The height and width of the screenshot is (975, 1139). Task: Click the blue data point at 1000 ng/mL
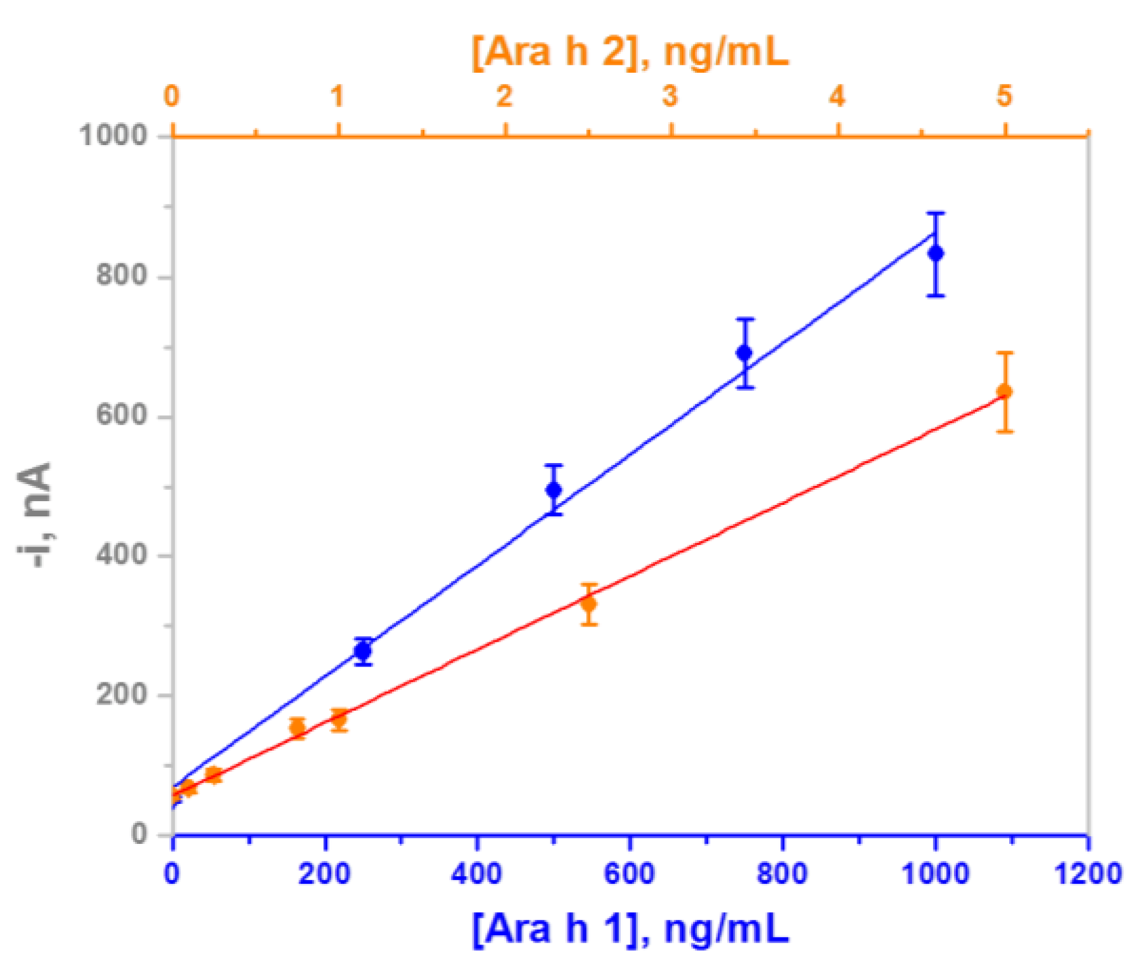click(x=935, y=253)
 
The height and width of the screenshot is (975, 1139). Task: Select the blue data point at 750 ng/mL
click(x=744, y=353)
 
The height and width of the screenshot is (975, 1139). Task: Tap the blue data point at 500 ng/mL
click(x=554, y=490)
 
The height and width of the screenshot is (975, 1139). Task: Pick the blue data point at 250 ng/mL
click(x=362, y=651)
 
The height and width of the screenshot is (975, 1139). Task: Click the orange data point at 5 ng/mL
click(x=1004, y=392)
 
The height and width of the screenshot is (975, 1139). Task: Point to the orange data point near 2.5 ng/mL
click(x=589, y=604)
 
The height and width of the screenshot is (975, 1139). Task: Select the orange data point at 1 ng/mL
click(x=339, y=719)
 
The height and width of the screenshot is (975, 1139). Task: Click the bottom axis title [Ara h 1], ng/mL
click(x=630, y=929)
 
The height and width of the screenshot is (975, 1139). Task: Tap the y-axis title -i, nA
click(x=35, y=514)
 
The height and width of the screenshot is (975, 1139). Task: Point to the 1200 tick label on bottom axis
click(x=1087, y=874)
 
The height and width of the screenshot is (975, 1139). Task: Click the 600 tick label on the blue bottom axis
click(x=629, y=874)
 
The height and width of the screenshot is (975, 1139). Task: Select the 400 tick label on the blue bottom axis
click(x=476, y=874)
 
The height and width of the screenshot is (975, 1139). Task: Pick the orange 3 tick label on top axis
click(x=670, y=96)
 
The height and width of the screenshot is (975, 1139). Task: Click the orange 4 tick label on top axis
click(x=837, y=96)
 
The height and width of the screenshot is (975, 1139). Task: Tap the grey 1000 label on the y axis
click(x=113, y=135)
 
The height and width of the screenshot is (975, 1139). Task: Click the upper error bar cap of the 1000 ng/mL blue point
click(x=935, y=213)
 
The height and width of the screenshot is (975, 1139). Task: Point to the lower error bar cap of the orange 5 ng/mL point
click(x=1004, y=431)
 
